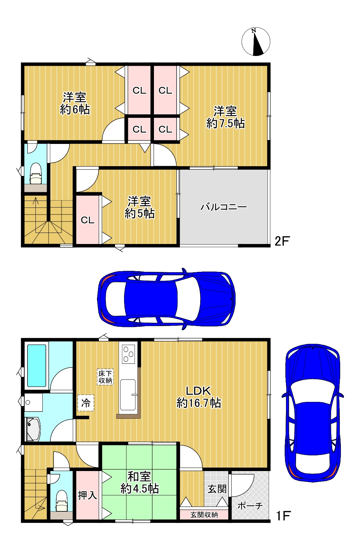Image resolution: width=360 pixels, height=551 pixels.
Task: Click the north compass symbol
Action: (256, 42)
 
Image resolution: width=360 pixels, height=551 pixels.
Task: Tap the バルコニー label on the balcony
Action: (223, 207)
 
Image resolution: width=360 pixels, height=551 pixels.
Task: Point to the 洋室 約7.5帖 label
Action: (225, 118)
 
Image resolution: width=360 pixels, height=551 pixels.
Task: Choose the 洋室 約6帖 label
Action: (74, 103)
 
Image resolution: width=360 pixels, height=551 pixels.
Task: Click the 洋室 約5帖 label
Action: (139, 207)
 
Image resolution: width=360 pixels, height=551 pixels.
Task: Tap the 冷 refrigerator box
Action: (85, 403)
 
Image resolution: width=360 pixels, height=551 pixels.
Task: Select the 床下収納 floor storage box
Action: (105, 377)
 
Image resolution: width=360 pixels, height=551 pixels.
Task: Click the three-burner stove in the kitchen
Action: (128, 354)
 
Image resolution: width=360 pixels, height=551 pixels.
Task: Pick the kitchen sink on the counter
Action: (128, 395)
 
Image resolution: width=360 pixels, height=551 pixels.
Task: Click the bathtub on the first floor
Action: (36, 365)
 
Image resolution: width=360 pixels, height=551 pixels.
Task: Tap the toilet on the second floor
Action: (36, 173)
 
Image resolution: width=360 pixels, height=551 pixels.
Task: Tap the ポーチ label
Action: (250, 506)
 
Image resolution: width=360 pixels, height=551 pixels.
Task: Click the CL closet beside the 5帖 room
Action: (88, 220)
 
